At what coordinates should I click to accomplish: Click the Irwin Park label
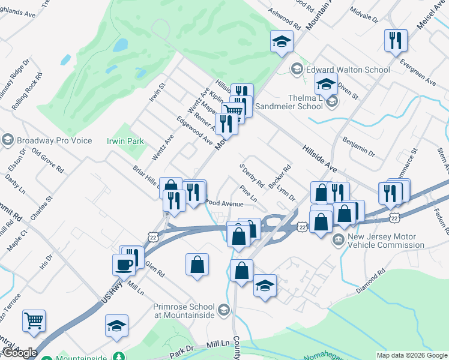[125, 141]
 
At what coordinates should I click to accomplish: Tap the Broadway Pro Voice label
[54, 140]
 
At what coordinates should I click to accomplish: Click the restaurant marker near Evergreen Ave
[396, 40]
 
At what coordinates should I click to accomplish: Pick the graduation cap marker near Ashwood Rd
[281, 41]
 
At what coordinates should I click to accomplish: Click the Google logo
[20, 353]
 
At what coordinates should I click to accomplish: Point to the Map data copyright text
[412, 355]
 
